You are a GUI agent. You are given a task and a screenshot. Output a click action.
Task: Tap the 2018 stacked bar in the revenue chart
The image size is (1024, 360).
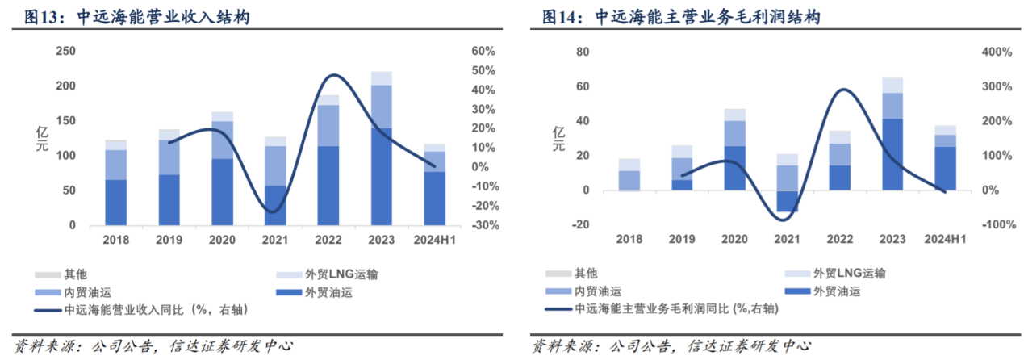coord(116,186)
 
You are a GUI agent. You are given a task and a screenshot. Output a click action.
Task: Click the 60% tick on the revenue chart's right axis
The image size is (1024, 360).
coord(483,52)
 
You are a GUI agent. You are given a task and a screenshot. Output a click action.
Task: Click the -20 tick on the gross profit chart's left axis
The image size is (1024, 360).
coord(581,225)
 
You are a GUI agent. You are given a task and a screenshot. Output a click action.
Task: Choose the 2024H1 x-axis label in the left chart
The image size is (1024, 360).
coord(434,240)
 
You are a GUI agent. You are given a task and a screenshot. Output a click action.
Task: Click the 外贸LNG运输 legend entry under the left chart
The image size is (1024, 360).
coord(318,274)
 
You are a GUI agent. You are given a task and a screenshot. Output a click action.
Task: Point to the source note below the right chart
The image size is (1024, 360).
coord(671,347)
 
